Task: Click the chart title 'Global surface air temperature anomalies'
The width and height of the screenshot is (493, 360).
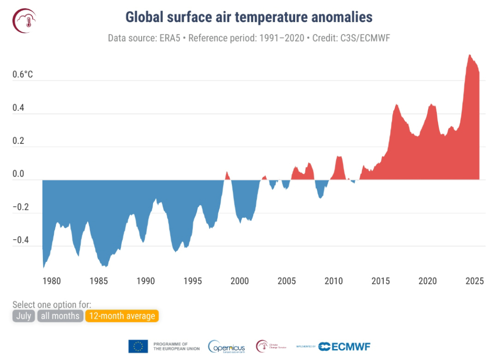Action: [x=249, y=17]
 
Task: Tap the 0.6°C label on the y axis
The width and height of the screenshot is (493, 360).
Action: [x=23, y=75]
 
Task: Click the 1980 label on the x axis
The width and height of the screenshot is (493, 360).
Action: [x=52, y=281]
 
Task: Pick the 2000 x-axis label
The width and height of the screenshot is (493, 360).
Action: [x=240, y=281]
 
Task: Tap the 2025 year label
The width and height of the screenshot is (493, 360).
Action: [x=475, y=281]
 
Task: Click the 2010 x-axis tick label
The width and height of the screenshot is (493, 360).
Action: [x=334, y=281]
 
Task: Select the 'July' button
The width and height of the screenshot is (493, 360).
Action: [x=24, y=316]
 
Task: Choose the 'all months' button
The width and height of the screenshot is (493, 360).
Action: [x=60, y=316]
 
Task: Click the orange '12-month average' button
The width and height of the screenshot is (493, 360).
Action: [x=122, y=316]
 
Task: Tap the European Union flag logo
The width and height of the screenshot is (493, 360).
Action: [x=138, y=346]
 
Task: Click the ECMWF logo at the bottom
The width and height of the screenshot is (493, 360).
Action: [x=345, y=346]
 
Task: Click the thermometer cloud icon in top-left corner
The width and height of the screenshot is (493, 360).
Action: [x=25, y=20]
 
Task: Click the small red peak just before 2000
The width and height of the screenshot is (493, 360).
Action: [x=227, y=172]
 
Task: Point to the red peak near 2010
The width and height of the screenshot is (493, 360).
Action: [x=339, y=156]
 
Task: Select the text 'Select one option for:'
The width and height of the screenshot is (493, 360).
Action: [x=52, y=305]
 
